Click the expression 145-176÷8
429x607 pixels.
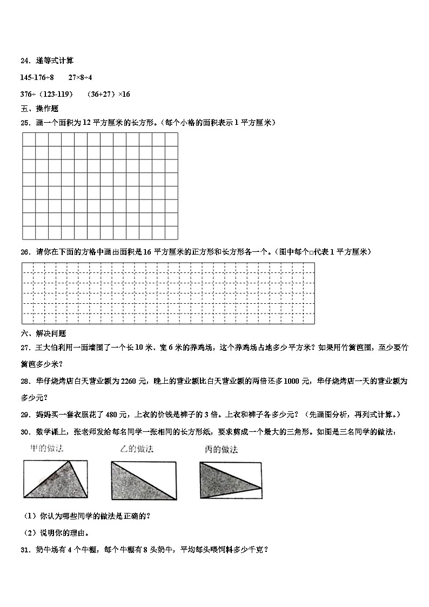point(37,78)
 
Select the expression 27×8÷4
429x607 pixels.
point(80,78)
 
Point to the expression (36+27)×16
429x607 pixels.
point(108,94)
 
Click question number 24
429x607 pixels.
point(25,61)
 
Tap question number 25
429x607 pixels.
point(25,123)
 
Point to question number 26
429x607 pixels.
point(25,251)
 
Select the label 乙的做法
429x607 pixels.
point(136,449)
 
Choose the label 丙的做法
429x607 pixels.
point(222,450)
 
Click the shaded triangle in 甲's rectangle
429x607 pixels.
point(54,482)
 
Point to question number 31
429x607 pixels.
point(25,550)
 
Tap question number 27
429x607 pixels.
point(25,349)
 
